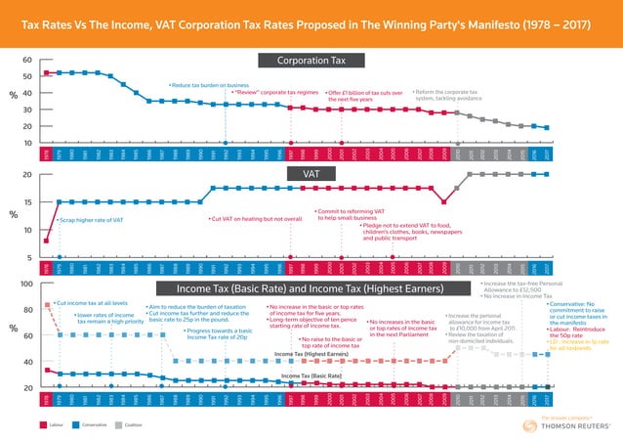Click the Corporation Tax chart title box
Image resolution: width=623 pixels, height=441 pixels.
[311, 62]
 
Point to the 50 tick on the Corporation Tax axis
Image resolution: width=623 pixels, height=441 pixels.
[25, 76]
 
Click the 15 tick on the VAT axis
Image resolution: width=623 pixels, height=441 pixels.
[25, 202]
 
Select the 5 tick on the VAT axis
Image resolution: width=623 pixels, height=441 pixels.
[27, 258]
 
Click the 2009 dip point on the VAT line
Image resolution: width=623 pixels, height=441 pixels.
[444, 202]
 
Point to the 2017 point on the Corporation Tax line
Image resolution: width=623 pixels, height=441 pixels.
[547, 128]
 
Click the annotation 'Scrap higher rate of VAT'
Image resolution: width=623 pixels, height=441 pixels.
[90, 220]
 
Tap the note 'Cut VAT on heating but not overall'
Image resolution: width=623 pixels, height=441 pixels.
[257, 219]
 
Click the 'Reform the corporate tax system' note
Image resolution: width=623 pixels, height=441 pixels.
[453, 95]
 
